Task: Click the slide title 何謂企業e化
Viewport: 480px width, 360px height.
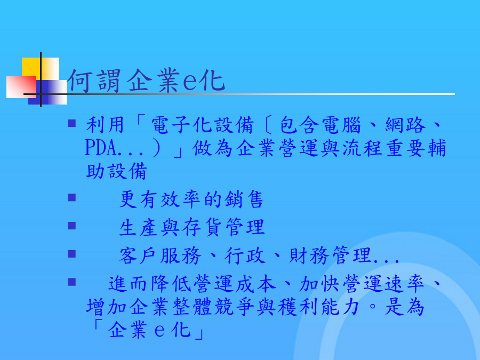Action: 146,81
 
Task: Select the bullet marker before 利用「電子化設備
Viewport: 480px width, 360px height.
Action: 72,123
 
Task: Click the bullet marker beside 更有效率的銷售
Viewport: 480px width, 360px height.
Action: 72,197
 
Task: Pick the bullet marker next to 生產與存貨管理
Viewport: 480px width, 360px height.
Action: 72,226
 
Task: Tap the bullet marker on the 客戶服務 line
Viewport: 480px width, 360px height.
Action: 72,254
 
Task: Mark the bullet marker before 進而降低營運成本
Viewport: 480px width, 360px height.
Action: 72,282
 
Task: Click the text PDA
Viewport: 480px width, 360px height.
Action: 101,148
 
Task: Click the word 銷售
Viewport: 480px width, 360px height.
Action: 244,199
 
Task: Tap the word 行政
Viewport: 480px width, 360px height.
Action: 245,255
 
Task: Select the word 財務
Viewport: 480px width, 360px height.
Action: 309,255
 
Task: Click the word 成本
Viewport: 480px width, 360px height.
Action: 256,284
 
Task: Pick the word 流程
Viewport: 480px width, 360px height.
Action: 362,148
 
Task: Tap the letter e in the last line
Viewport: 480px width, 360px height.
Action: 160,331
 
